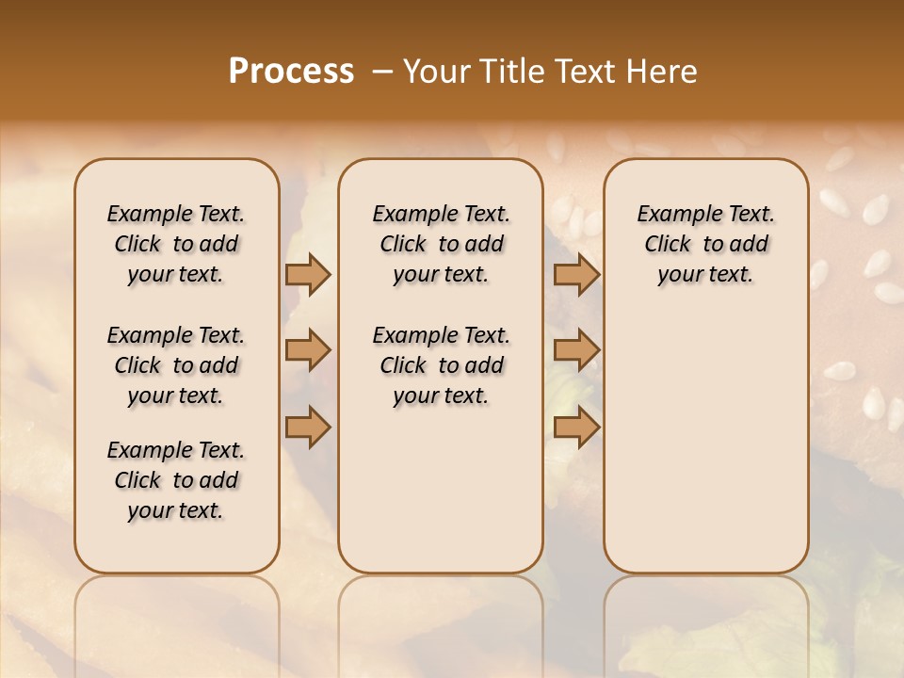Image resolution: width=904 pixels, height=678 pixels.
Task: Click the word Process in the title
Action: pyautogui.click(x=291, y=71)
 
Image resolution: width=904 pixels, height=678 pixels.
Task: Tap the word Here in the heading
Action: pyautogui.click(x=664, y=71)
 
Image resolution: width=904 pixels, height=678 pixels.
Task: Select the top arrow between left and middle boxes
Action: pyautogui.click(x=308, y=274)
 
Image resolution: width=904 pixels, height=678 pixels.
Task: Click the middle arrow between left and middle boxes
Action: pyautogui.click(x=308, y=351)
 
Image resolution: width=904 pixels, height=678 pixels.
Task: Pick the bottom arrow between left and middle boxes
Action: pyautogui.click(x=308, y=428)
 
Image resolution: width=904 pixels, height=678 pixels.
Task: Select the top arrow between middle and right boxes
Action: pyautogui.click(x=576, y=274)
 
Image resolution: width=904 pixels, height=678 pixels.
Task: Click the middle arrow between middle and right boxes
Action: pyautogui.click(x=576, y=351)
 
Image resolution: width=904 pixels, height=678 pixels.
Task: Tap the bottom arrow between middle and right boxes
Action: pyautogui.click(x=576, y=428)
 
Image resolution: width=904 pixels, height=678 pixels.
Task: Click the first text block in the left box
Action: pyautogui.click(x=176, y=244)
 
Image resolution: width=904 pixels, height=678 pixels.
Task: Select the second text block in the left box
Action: pyautogui.click(x=176, y=365)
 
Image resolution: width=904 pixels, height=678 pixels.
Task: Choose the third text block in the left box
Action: pyautogui.click(x=176, y=480)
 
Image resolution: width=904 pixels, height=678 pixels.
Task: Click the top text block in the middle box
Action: pyautogui.click(x=441, y=244)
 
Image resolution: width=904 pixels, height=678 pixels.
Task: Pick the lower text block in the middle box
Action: pyautogui.click(x=441, y=365)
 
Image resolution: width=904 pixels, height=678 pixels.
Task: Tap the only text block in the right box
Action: pyautogui.click(x=705, y=244)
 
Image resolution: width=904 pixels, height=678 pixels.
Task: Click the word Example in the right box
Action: pyautogui.click(x=670, y=214)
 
